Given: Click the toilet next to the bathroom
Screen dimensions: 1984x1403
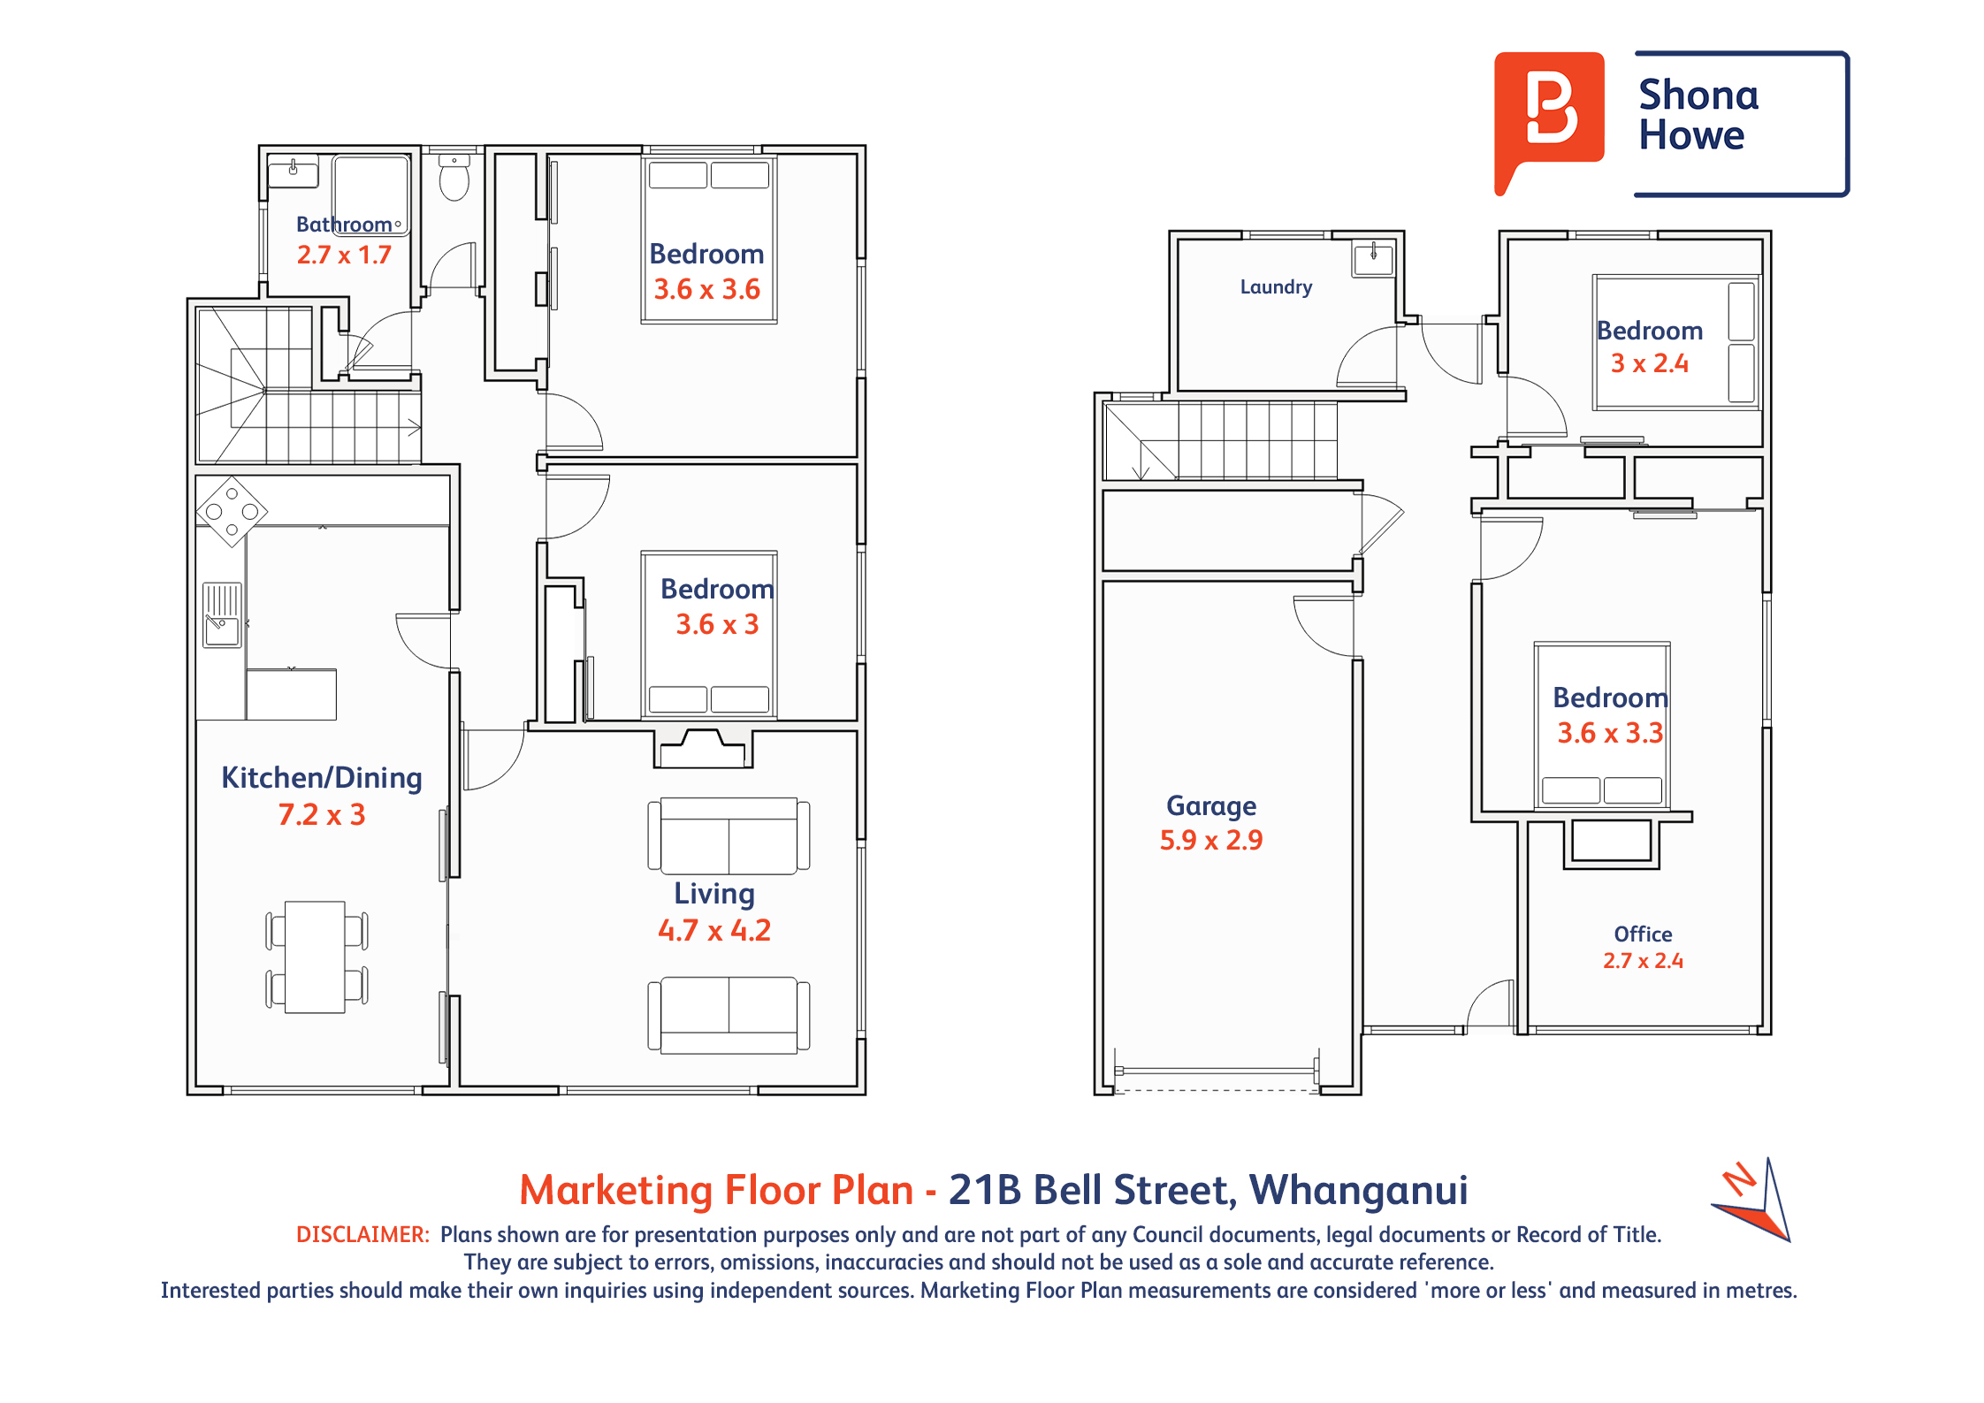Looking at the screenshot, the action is [x=454, y=177].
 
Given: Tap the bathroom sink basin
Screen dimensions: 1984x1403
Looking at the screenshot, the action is [x=293, y=172].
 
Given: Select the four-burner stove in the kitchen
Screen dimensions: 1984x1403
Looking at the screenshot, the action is [x=232, y=512].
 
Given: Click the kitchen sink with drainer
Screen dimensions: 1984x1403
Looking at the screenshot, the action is [x=222, y=615].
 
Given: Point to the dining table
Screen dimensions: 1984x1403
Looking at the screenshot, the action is [x=315, y=957].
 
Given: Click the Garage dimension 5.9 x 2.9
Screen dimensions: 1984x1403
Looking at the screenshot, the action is [x=1211, y=840].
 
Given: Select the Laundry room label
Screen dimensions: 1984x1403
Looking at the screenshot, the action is [x=1276, y=287].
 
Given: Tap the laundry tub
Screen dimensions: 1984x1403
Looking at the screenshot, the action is [x=1373, y=258].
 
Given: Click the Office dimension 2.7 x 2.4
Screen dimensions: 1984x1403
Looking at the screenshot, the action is [x=1643, y=961].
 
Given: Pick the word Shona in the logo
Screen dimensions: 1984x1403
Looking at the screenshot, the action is [x=1698, y=95].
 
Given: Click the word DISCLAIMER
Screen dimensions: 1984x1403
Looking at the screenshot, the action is [x=363, y=1235].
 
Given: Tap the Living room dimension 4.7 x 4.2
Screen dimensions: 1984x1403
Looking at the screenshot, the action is [x=714, y=931].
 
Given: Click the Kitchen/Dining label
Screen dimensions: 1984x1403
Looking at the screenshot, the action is [x=322, y=778].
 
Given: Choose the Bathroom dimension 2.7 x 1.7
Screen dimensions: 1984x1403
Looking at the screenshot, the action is [x=344, y=255].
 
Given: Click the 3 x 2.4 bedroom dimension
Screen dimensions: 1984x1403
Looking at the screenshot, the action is [x=1650, y=363].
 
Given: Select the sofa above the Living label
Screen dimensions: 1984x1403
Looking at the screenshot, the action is [x=729, y=835].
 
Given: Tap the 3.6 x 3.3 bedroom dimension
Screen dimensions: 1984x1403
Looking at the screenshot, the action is [x=1610, y=733].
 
